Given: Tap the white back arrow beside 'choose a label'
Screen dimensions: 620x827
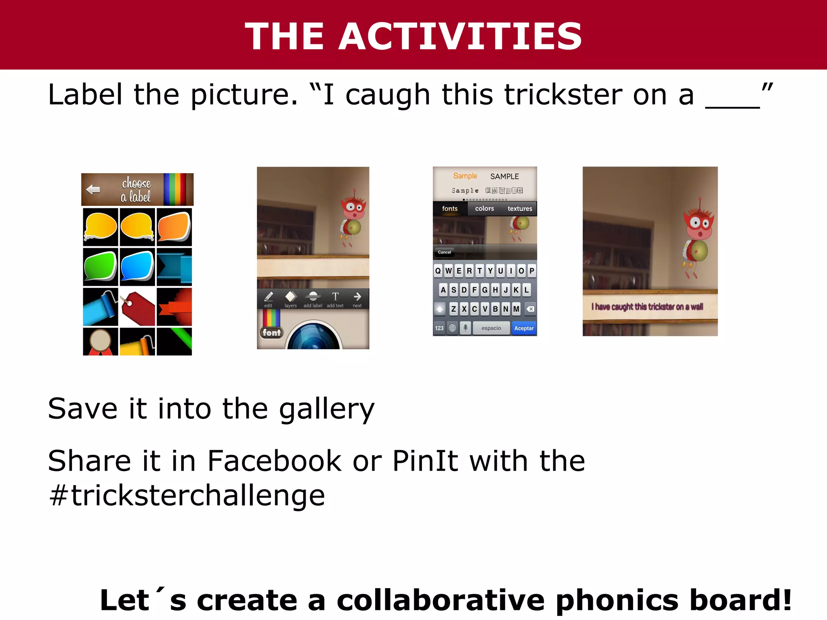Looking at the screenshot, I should [93, 189].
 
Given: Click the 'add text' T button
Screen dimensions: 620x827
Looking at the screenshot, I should [335, 299].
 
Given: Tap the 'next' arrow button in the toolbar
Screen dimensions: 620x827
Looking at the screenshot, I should [357, 299].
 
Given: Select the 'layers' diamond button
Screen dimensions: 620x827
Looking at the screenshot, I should [291, 299].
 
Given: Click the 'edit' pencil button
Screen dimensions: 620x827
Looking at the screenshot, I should [269, 299].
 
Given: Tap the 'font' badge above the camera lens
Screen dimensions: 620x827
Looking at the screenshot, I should [271, 333].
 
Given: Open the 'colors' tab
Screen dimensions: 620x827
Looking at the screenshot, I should [485, 209].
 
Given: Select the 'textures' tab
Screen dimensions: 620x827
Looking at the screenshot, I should [520, 209].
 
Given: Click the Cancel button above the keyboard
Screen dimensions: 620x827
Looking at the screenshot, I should [444, 252].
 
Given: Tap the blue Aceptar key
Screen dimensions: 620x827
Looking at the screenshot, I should [524, 328].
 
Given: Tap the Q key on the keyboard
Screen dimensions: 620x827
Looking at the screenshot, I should [438, 271].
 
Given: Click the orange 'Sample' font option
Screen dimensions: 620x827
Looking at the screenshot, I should [465, 176].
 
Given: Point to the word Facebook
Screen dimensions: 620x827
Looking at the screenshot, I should [275, 461].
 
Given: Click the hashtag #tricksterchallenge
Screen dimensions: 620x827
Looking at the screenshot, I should [187, 496].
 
